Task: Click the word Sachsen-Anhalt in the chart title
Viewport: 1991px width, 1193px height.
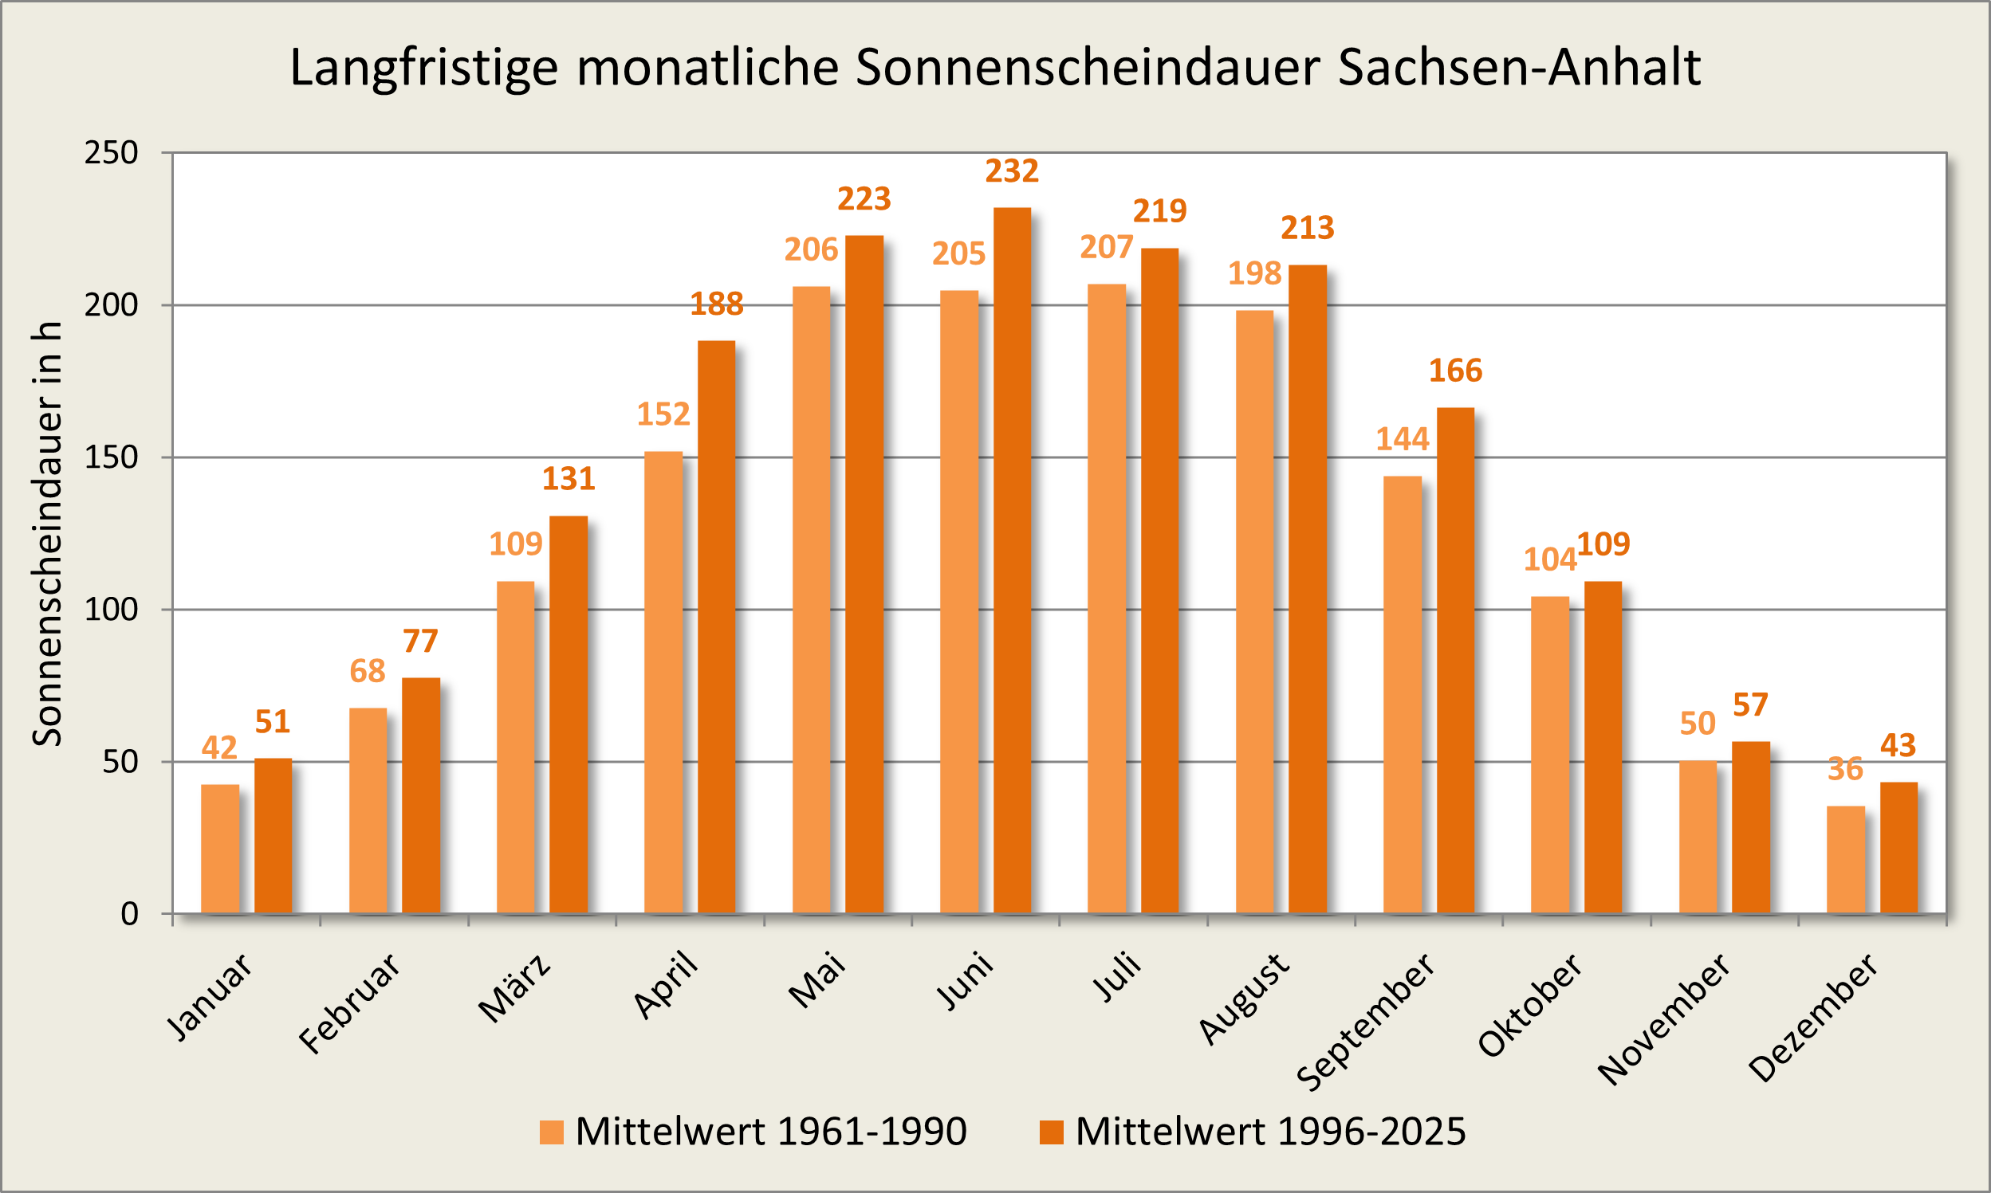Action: point(1519,67)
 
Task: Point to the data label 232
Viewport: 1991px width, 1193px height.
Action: point(1012,171)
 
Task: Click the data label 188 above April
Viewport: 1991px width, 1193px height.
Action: point(717,304)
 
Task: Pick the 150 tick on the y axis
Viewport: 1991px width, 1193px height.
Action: point(111,457)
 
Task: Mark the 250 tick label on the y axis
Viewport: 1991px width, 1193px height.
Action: point(111,153)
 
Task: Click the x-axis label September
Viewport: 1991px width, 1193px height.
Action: point(1367,1021)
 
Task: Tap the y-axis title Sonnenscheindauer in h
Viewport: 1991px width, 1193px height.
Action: point(46,534)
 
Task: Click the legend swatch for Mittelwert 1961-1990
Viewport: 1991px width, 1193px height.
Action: point(552,1132)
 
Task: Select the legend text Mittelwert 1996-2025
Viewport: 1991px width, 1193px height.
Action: point(1270,1132)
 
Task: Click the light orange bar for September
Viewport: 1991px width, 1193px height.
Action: point(1403,695)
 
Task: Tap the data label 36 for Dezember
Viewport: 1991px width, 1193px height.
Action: point(1844,769)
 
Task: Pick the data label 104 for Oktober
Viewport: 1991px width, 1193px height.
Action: point(1549,559)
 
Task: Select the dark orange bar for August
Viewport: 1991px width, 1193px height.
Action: point(1308,588)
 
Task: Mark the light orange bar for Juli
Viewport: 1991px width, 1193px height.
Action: point(1107,598)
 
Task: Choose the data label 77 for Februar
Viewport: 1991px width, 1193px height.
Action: point(420,642)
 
